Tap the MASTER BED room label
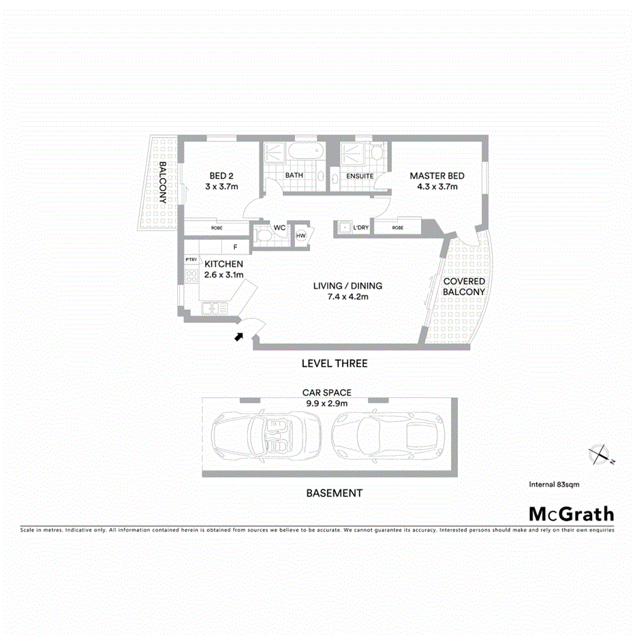(437, 176)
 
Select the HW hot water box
(301, 236)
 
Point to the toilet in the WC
(264, 236)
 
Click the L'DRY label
(360, 228)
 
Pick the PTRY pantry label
(191, 260)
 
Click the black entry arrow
(238, 335)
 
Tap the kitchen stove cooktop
(191, 276)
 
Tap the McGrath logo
(571, 514)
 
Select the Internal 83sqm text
(553, 484)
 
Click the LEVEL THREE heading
(334, 363)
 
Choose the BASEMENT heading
(334, 493)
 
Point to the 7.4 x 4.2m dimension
(347, 296)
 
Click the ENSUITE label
(360, 176)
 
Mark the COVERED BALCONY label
(463, 286)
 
